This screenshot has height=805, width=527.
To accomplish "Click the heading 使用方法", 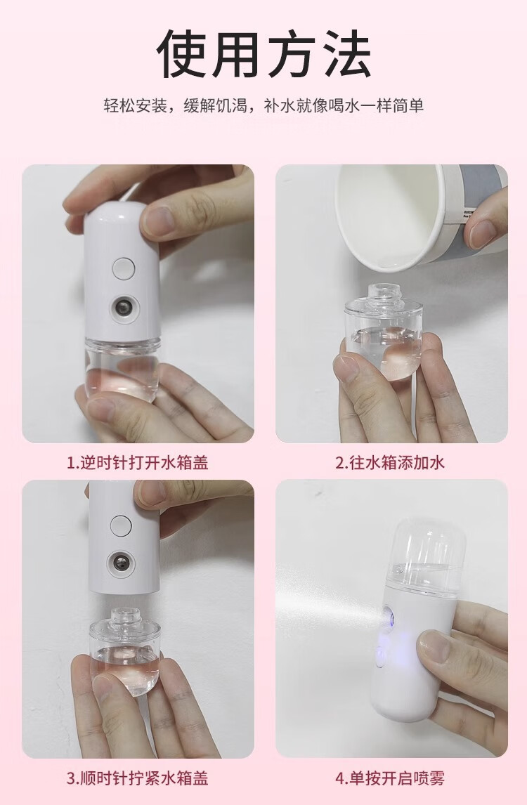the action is click(x=263, y=54).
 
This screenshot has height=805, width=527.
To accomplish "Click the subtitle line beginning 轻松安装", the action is click(x=263, y=106).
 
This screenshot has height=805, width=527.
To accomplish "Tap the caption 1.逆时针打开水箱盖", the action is click(x=138, y=463).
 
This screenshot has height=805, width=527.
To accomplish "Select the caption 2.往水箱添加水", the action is click(x=391, y=463).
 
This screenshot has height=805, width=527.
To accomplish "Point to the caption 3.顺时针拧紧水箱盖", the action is click(x=138, y=778).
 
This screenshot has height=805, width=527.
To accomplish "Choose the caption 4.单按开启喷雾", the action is click(x=391, y=778).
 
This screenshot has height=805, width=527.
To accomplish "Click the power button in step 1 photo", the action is click(x=124, y=268).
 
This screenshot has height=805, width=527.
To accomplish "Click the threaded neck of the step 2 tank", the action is click(x=383, y=292).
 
